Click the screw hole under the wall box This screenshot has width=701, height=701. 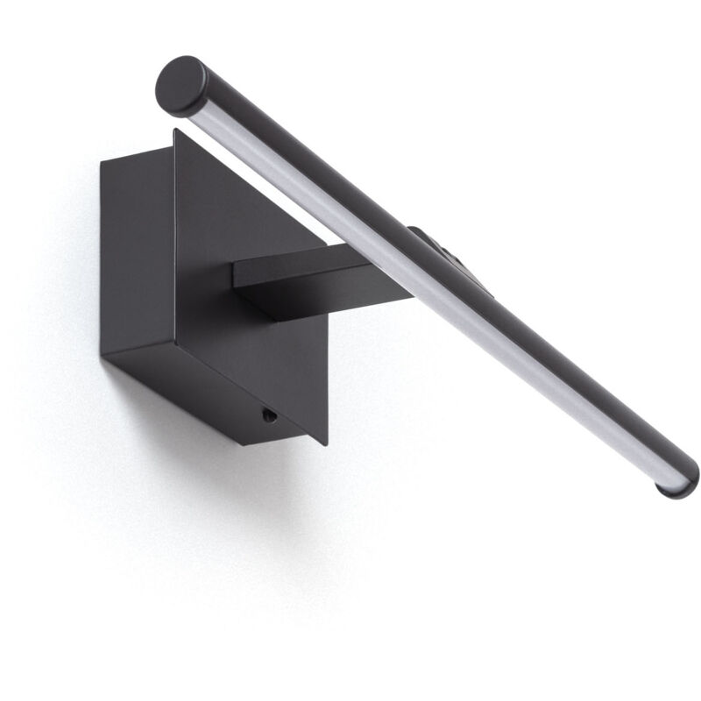click(270, 416)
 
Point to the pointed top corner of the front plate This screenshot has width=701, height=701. click(175, 131)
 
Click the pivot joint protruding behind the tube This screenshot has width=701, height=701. click(456, 250)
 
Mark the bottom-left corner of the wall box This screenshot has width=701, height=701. click(103, 355)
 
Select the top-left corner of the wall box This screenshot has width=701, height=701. click(102, 161)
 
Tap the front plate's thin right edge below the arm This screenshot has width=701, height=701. click(325, 377)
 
